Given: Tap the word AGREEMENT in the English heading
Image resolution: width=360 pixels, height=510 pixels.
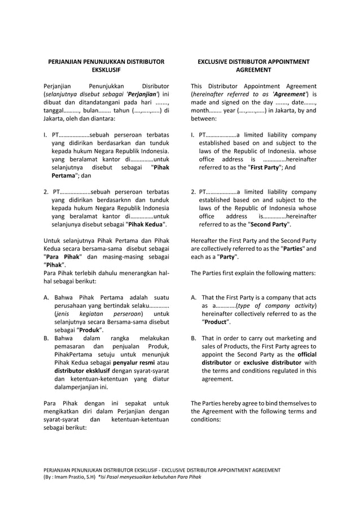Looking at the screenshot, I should [253, 70].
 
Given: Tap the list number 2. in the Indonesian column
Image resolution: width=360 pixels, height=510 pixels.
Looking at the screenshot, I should [46, 192].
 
